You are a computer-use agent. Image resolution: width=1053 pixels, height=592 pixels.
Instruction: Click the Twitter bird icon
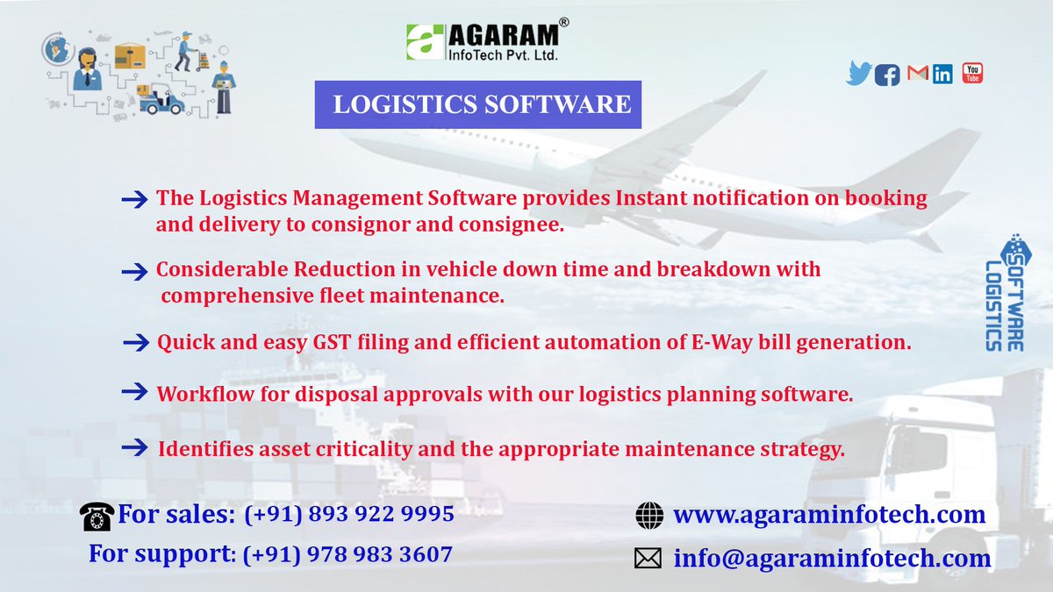(859, 73)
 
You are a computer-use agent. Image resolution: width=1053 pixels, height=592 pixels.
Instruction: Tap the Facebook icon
(887, 75)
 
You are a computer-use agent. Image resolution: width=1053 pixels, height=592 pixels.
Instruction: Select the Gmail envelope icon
(917, 74)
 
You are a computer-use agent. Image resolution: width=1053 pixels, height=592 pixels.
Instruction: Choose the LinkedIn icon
(943, 74)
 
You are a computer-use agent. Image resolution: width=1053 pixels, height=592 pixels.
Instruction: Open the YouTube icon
(972, 73)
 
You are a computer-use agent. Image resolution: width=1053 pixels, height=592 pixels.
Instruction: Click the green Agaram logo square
(425, 42)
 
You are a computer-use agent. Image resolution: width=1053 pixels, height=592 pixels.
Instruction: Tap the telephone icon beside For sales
(97, 517)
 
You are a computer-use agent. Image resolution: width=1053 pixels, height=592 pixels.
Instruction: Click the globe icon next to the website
(649, 516)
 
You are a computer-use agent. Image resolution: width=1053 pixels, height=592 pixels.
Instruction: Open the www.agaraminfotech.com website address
(829, 514)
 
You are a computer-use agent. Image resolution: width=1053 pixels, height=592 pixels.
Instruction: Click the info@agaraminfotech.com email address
(833, 558)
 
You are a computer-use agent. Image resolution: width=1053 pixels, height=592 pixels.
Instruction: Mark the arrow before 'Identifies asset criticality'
(134, 447)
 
